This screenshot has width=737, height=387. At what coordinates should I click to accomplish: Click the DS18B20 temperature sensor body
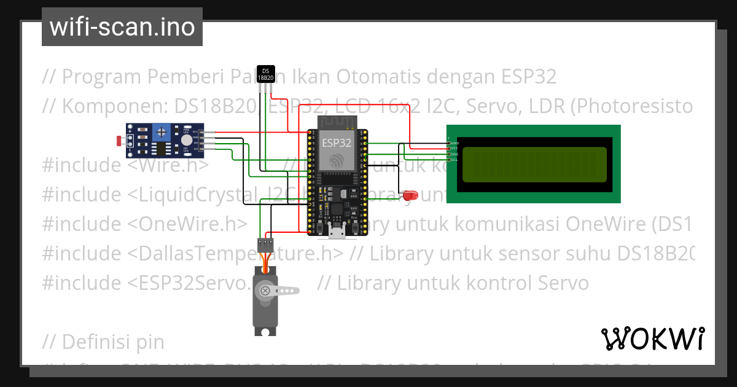tap(265, 74)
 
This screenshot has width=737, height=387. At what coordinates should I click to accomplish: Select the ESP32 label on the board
tap(336, 143)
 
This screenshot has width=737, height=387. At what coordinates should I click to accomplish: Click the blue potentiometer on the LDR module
tap(162, 131)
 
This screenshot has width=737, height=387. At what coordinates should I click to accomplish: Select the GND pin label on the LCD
tap(455, 143)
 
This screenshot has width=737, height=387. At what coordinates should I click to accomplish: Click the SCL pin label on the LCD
tap(454, 160)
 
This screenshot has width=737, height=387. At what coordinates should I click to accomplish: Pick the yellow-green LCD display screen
tap(533, 164)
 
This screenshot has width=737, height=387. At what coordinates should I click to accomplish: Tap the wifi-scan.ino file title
tap(122, 27)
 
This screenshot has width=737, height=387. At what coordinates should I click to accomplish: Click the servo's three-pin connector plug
tap(266, 244)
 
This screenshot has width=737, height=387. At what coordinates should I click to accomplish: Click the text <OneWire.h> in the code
tap(188, 224)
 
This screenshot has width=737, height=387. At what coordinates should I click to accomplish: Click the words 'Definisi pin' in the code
tap(104, 340)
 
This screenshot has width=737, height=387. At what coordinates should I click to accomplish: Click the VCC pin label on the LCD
tap(455, 149)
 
